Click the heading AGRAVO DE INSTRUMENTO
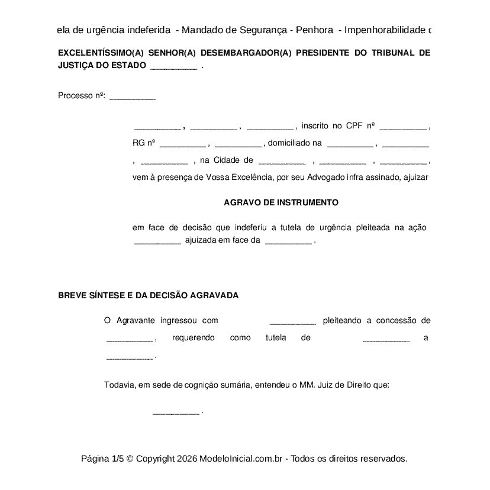point(281,202)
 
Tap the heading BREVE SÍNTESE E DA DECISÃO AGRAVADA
point(149,295)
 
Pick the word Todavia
point(120,385)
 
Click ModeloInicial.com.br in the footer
point(243,459)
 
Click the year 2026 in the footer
point(186,459)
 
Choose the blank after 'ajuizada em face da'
point(288,241)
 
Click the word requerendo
point(193,338)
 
